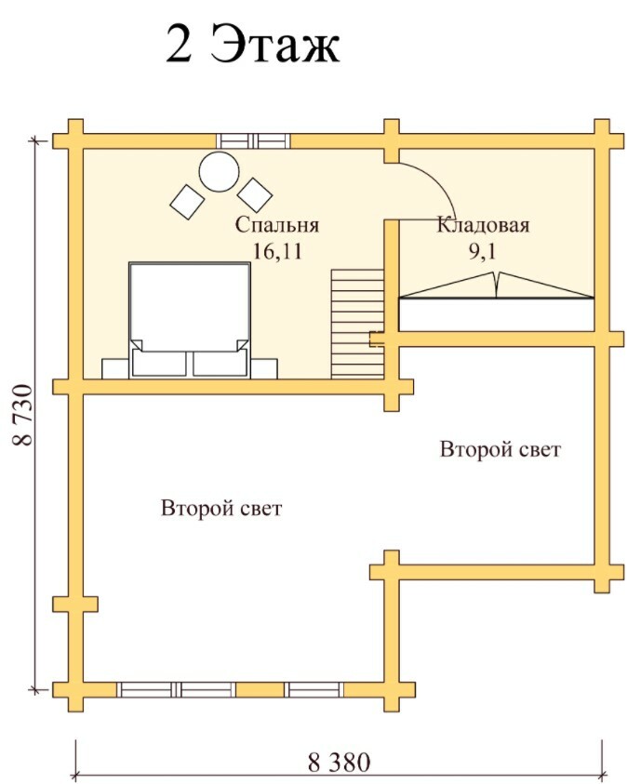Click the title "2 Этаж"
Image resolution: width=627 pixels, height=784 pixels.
[253, 44]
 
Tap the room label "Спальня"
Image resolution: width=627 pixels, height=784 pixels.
[276, 225]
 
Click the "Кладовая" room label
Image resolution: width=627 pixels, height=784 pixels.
[483, 225]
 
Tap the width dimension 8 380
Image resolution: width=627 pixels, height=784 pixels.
[339, 763]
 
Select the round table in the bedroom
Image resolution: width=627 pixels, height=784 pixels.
[220, 171]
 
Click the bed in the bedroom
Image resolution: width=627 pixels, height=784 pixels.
[190, 316]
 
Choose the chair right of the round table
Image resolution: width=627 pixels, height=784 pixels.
[253, 193]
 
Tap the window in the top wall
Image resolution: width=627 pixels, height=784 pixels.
[253, 140]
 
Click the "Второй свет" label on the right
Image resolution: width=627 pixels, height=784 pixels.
[500, 450]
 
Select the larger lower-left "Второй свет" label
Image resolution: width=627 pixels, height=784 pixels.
[221, 509]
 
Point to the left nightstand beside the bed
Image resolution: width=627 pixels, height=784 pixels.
[115, 367]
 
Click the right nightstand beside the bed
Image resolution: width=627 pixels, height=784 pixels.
[264, 367]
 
